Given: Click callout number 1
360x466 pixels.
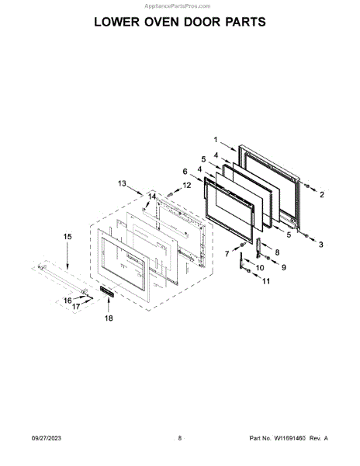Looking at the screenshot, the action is coord(216,139).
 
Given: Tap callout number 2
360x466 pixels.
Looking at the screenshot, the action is coord(322,195).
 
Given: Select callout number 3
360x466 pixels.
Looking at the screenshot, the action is coord(321,245).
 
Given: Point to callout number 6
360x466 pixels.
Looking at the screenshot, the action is coord(185,172).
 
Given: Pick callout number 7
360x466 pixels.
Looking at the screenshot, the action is coord(227,253).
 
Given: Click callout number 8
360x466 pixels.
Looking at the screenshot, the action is coord(277,252).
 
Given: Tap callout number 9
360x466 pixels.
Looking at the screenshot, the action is coord(284,267).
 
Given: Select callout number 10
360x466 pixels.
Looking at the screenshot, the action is coord(260,268).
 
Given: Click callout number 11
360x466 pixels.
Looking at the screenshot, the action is coord(266,281).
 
